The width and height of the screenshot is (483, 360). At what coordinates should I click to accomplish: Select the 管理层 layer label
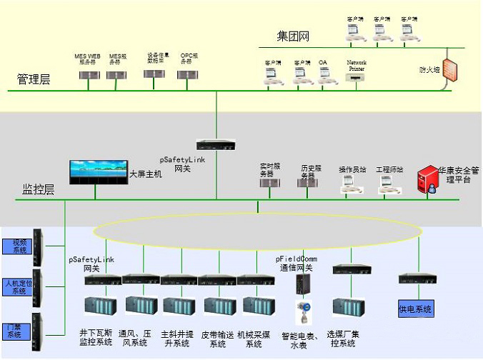coord(34,79)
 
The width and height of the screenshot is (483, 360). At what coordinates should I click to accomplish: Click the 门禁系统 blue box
coord(15,329)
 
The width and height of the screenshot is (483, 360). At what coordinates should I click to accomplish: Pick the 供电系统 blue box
coord(416,309)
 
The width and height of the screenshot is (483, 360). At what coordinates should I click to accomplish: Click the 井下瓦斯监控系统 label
coord(95,337)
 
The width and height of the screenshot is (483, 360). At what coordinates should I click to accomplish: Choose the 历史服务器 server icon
coord(307,184)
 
